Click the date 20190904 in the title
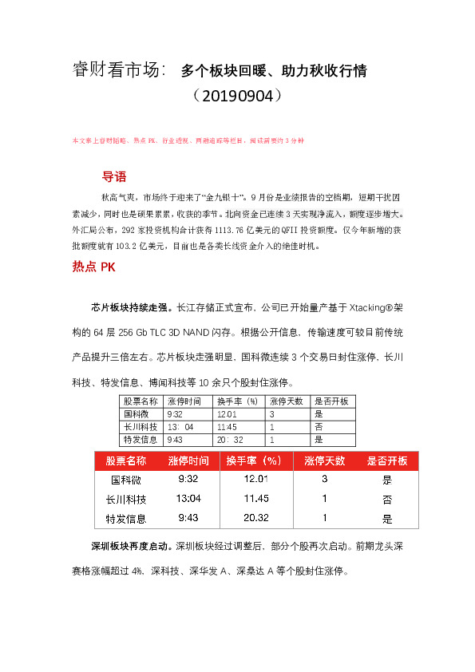[238, 97]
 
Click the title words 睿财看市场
[116, 70]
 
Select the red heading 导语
[114, 177]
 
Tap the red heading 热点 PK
[93, 268]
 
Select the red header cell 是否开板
[386, 461]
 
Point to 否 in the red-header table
[387, 499]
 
